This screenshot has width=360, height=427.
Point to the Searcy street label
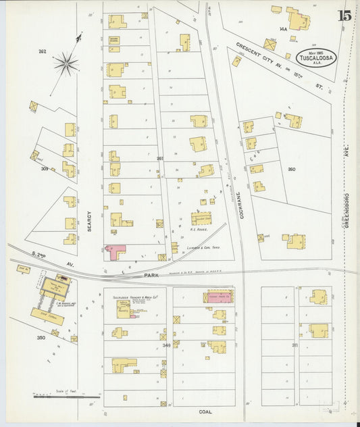coord(89,221)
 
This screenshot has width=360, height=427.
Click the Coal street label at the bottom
coord(205,411)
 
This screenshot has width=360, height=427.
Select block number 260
coord(291,169)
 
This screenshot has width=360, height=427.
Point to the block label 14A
coord(283,29)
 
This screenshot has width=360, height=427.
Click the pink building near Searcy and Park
coord(115,252)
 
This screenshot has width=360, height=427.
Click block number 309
coord(44,168)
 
